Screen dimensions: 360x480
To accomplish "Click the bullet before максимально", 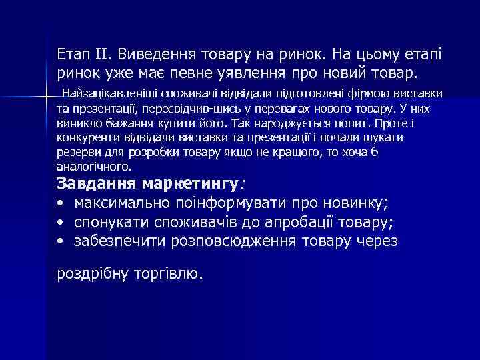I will tap(61, 203).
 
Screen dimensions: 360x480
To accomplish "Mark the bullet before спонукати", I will tap(61, 222).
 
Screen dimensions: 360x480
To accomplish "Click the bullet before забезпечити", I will tap(61, 241).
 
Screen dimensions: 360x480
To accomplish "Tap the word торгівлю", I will tap(171, 273).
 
